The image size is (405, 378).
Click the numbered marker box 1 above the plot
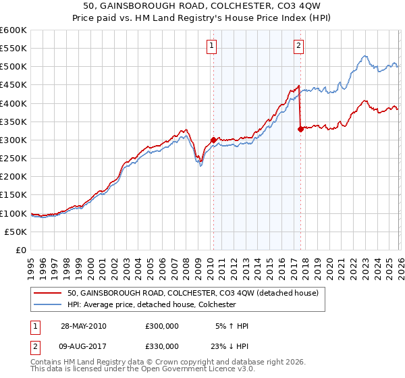click(x=211, y=46)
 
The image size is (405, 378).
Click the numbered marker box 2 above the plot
click(x=298, y=46)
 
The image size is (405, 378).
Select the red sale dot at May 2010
click(x=213, y=140)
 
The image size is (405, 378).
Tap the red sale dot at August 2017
click(x=300, y=130)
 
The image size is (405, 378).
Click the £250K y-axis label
click(x=13, y=158)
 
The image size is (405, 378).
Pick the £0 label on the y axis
click(x=22, y=250)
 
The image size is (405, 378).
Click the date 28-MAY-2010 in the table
click(x=83, y=326)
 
